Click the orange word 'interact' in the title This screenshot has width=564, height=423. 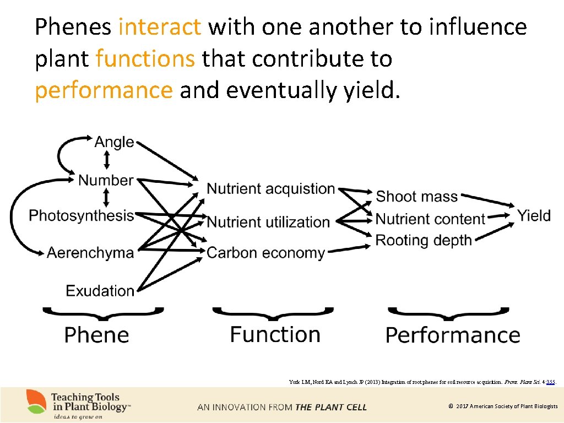point(160,26)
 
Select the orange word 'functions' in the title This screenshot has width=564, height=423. point(145,58)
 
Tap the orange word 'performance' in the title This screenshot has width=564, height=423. point(104,90)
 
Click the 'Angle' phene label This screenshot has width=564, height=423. point(114,142)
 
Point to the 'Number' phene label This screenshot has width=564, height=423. point(106,180)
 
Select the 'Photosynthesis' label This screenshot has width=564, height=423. point(82,215)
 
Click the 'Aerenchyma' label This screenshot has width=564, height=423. point(90,253)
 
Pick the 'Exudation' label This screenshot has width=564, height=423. point(100,290)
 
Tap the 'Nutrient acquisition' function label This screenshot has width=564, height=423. point(270,189)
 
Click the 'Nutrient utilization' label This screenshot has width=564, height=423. point(268,222)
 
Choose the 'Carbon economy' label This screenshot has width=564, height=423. point(266,253)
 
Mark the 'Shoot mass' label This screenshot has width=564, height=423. point(416,197)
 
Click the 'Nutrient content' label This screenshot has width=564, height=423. point(430,219)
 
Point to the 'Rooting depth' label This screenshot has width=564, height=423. point(424,240)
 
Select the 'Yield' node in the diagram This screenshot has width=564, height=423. point(534,215)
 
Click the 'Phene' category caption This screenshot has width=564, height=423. point(96,335)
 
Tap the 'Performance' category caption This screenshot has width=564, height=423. point(453,335)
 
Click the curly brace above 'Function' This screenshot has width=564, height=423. point(273,314)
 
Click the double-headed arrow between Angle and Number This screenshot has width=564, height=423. point(107,160)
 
